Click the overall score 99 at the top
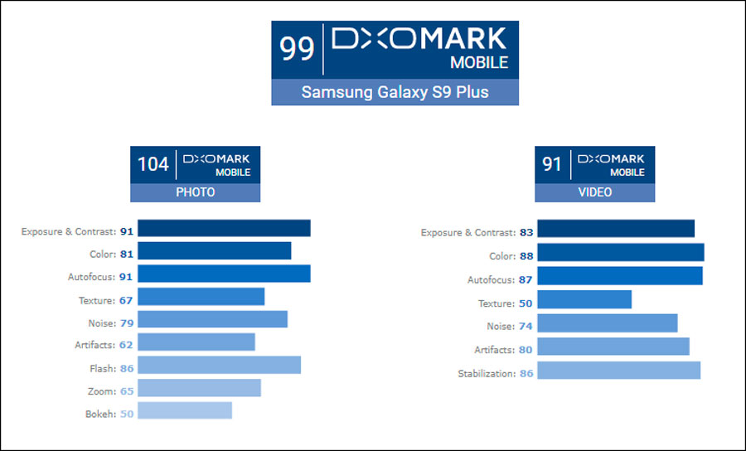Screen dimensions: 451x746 (x=297, y=49)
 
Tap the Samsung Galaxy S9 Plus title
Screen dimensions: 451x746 (x=395, y=92)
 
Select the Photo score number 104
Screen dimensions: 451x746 (x=153, y=164)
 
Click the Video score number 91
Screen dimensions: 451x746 (x=552, y=164)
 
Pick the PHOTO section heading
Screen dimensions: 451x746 (x=195, y=192)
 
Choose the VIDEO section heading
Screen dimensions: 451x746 (x=594, y=192)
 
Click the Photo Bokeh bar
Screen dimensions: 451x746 (x=184, y=410)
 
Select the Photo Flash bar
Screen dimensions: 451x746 (x=219, y=365)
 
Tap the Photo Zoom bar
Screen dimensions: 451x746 (x=199, y=388)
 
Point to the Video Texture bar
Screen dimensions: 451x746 (x=584, y=299)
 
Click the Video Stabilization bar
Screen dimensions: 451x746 (x=618, y=370)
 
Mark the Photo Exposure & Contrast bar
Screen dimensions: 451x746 (x=224, y=228)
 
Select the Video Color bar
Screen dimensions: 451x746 (x=620, y=252)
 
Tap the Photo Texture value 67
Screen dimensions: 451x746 (x=126, y=300)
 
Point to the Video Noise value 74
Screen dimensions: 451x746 (x=526, y=327)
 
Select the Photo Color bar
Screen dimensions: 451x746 (x=214, y=251)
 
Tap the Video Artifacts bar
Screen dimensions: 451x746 (x=613, y=346)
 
